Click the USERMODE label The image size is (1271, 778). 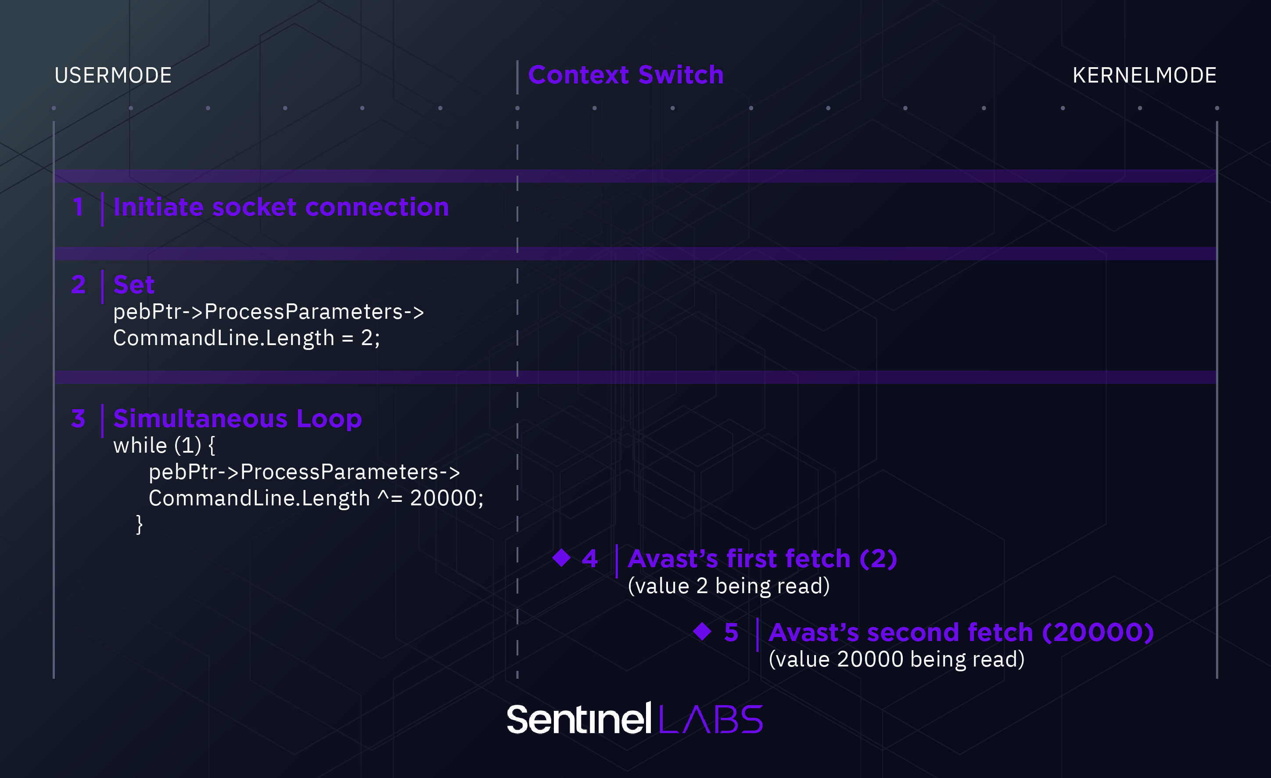tap(113, 76)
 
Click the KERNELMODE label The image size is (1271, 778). tap(1144, 76)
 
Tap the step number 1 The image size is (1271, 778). tap(78, 207)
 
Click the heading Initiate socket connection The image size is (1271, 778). tap(281, 207)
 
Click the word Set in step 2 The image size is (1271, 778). tap(133, 285)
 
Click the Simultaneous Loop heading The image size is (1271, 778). tap(237, 418)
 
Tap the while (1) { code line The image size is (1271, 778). tap(164, 445)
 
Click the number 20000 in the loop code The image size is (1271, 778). tap(446, 498)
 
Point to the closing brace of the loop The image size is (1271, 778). tap(139, 524)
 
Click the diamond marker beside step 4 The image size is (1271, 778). tap(561, 558)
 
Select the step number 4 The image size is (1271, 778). tap(589, 559)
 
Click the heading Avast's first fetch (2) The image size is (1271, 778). tap(762, 559)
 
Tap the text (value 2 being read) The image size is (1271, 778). tap(729, 586)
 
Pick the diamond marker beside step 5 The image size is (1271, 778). tap(702, 631)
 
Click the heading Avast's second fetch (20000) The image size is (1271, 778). tap(960, 633)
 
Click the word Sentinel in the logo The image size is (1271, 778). tap(579, 719)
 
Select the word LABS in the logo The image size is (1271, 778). tap(711, 719)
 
